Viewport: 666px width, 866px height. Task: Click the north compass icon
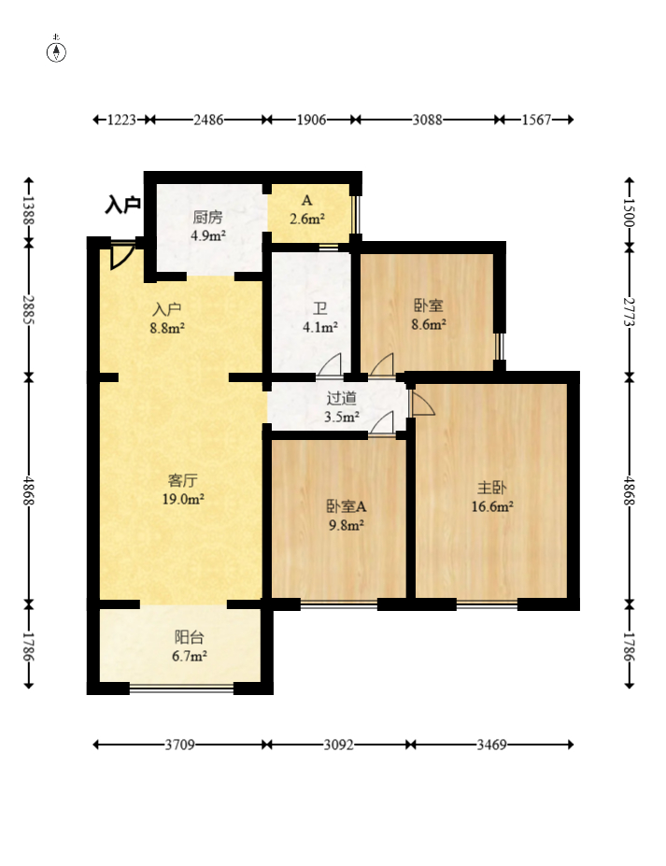[56, 50]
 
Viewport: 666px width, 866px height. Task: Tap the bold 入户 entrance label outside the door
[122, 205]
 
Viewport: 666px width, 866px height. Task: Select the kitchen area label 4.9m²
[208, 235]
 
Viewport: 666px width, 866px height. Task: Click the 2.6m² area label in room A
[307, 219]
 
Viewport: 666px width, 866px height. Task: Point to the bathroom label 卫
[319, 308]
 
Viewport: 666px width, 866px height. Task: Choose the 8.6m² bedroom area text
[429, 324]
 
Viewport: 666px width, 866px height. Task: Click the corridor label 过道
[341, 398]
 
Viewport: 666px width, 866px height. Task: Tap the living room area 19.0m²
[183, 499]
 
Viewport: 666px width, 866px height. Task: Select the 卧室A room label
[347, 506]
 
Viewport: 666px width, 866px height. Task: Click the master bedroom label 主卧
[491, 488]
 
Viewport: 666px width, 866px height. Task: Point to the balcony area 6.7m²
[190, 656]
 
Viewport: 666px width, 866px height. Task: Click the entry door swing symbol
[121, 256]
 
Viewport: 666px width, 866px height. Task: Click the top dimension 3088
[427, 120]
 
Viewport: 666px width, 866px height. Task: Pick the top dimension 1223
[121, 120]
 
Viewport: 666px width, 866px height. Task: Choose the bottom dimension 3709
[180, 745]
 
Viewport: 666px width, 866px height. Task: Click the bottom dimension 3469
[491, 745]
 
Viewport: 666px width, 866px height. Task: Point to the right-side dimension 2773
[629, 312]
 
